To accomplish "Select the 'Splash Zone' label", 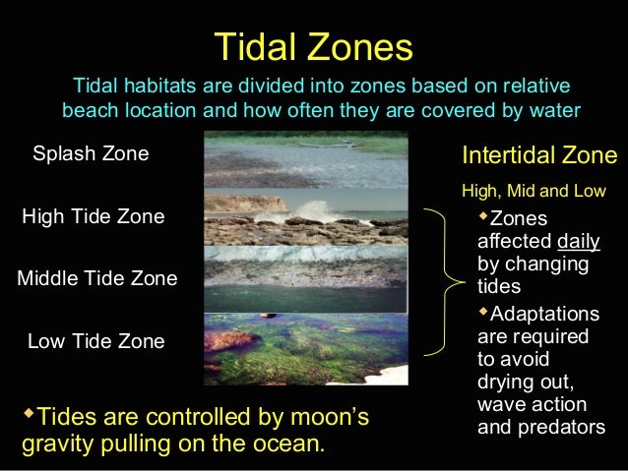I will point(91,154).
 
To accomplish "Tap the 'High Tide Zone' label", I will point(94,216).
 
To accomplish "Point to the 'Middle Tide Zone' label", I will point(97,279).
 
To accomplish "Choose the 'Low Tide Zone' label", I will point(96,342).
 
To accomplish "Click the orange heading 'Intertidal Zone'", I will point(539,155).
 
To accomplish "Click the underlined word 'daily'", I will point(578,242).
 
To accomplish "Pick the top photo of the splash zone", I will point(305,159).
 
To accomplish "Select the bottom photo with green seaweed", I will point(305,346).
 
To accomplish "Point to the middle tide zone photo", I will point(305,278).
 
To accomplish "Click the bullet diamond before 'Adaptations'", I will point(482,312).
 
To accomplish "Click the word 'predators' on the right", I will point(540,429).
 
